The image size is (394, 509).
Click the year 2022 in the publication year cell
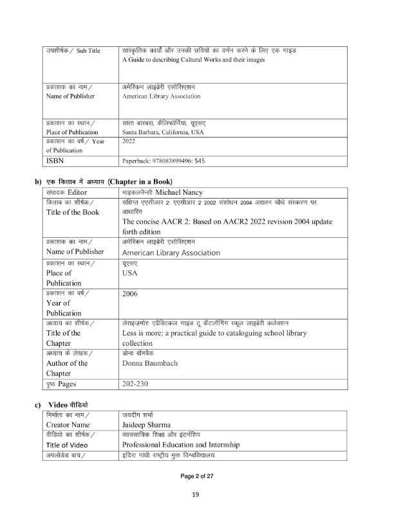pos(129,141)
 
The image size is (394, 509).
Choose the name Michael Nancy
pos(183,192)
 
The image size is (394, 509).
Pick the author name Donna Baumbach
pos(151,363)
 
